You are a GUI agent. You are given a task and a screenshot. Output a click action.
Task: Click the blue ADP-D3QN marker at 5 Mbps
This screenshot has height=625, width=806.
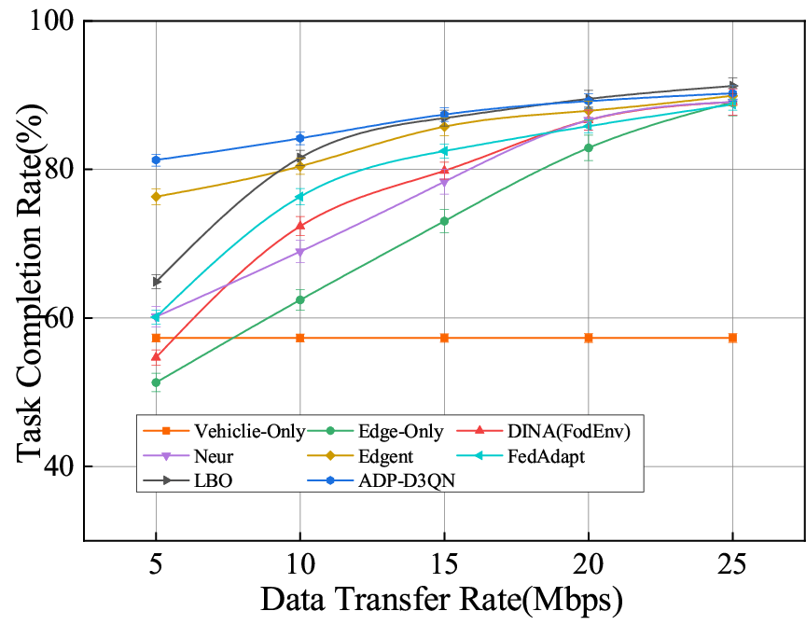pos(156,160)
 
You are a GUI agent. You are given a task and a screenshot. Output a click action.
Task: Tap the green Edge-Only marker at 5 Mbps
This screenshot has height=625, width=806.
pos(156,382)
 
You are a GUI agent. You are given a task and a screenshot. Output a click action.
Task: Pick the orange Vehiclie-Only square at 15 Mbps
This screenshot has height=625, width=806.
pos(444,338)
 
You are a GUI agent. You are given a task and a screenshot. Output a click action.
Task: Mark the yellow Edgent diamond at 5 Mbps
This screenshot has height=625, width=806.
pos(156,197)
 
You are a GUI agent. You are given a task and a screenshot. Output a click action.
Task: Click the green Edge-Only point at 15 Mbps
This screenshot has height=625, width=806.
pos(444,221)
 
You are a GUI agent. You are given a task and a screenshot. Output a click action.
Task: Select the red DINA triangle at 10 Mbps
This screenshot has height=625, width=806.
pos(300,226)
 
